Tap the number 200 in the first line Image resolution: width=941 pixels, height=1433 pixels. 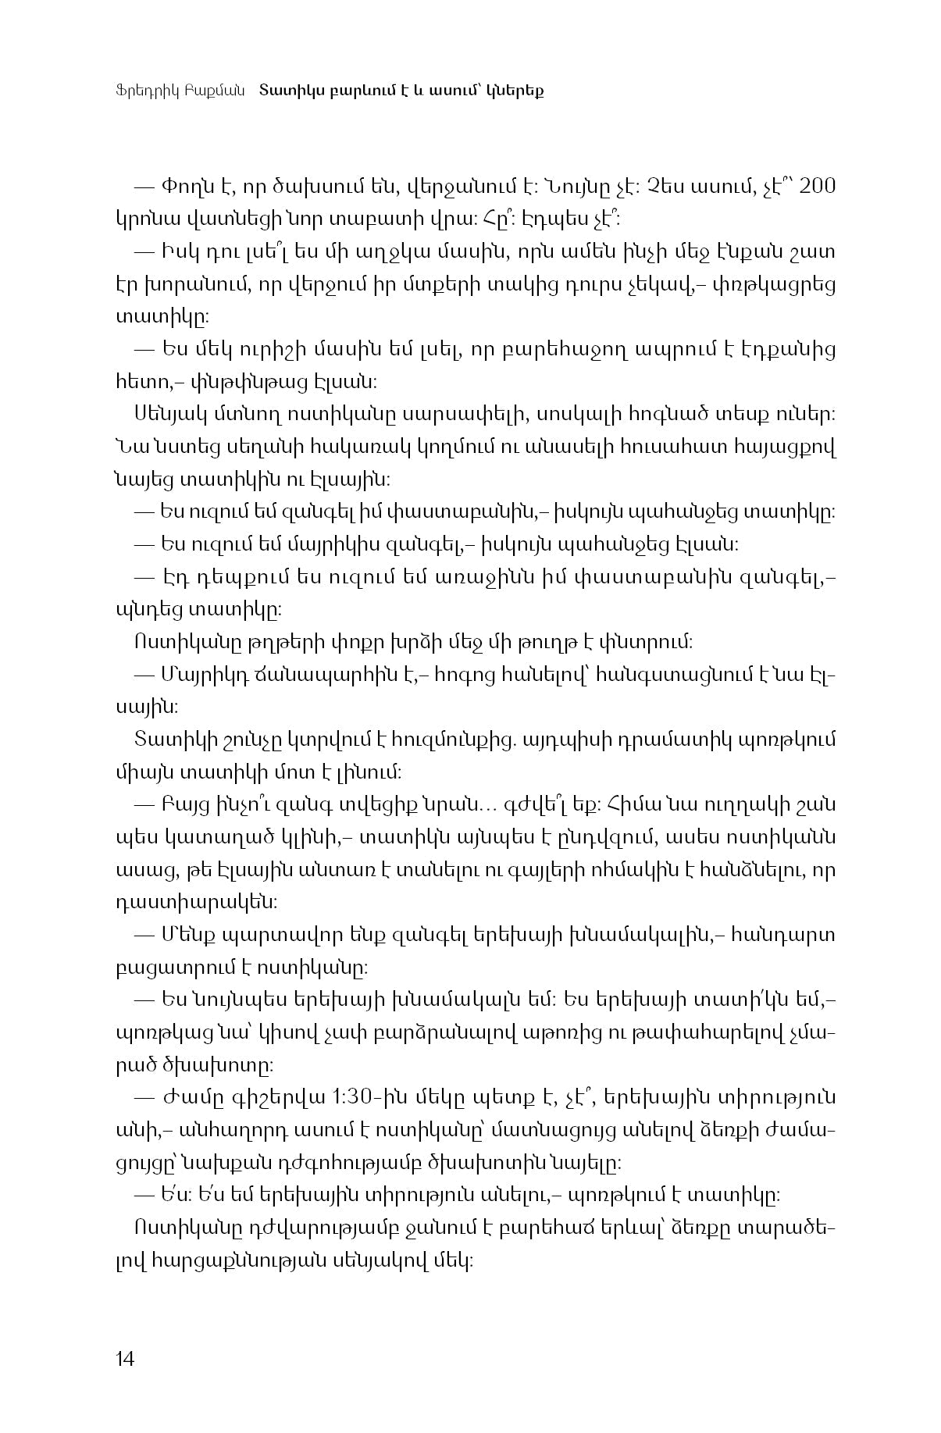818,187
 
